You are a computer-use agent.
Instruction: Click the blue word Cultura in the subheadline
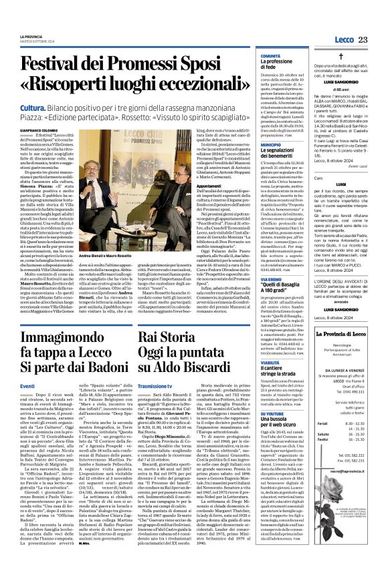(33, 107)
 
